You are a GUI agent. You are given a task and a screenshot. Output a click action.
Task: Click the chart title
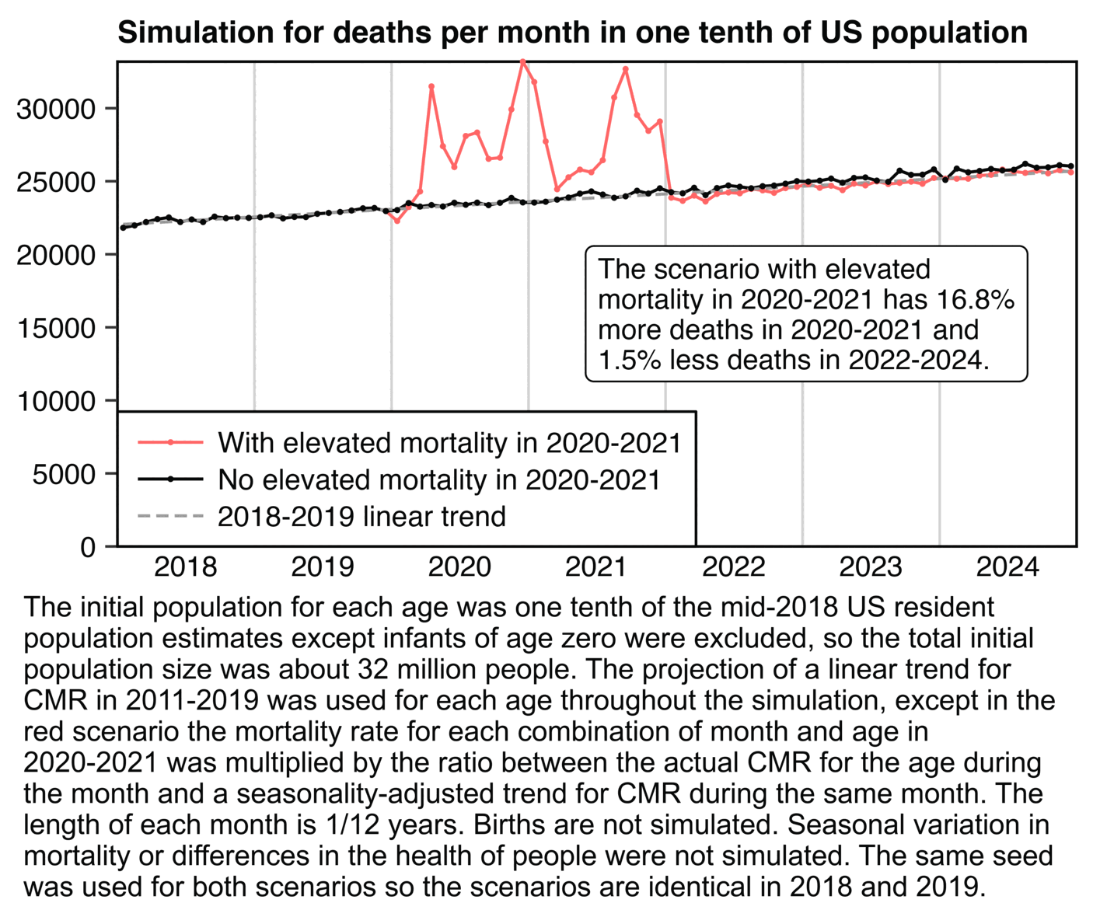click(x=572, y=33)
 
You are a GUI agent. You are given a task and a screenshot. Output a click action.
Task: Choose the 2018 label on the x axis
click(x=186, y=567)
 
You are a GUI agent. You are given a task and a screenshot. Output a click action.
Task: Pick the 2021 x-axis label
click(x=596, y=567)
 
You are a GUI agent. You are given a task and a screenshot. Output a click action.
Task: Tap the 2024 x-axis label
click(x=1007, y=567)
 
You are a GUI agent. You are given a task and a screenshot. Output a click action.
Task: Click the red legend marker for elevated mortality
click(x=170, y=443)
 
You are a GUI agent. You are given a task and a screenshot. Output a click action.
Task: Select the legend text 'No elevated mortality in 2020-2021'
click(x=439, y=480)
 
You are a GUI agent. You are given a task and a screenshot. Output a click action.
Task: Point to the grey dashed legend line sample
click(x=170, y=516)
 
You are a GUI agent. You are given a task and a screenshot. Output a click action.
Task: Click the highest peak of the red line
click(x=523, y=61)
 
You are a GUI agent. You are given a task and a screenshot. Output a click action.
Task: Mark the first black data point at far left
click(x=123, y=227)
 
